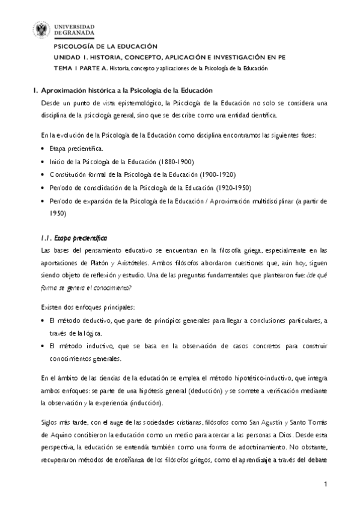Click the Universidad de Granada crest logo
(x=43, y=31)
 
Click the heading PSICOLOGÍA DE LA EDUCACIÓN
(x=106, y=46)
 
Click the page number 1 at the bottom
(x=325, y=484)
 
